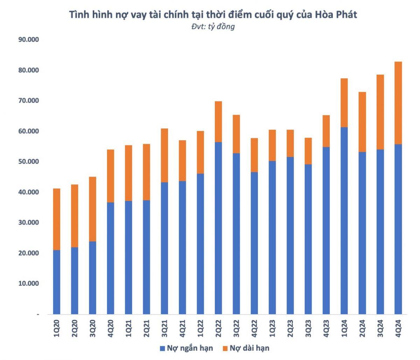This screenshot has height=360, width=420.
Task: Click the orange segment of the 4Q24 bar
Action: (398, 103)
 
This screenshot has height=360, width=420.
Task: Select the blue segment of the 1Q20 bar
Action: (56, 282)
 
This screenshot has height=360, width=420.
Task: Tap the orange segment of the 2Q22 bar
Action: (218, 122)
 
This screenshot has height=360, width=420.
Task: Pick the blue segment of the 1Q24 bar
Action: (344, 221)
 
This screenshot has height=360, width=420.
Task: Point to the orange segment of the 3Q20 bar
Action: (92, 209)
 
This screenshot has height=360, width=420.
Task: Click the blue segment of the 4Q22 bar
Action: (254, 243)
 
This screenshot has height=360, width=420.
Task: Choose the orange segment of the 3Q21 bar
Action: (164, 155)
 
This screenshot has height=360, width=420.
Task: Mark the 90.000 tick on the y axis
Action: (28, 40)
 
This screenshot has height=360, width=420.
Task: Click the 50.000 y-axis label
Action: (28, 161)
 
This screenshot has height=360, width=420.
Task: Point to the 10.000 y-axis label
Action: (28, 283)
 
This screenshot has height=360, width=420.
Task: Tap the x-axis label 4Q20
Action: (111, 328)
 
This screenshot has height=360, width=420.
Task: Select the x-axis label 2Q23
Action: (290, 328)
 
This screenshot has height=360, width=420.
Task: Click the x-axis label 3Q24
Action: (380, 328)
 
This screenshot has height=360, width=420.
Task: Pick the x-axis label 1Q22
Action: (200, 328)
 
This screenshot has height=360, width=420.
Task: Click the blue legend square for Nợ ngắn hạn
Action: (162, 348)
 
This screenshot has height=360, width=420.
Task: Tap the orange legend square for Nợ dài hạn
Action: (225, 348)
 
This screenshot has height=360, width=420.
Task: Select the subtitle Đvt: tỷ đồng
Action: (213, 26)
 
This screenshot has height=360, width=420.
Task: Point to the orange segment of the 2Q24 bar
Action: (362, 122)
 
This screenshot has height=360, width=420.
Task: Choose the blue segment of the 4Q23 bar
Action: (326, 231)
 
